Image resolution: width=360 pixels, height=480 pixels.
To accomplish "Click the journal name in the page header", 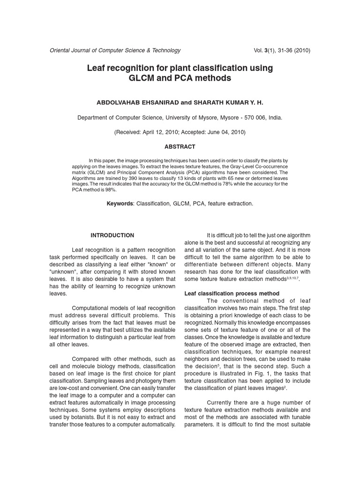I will coord(115,51).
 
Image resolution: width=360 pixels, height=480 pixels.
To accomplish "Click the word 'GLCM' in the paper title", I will coord(143,78).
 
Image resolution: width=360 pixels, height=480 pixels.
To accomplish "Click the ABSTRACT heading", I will coord(180,147).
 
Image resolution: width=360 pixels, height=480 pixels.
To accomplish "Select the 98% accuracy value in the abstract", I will coord(110,190).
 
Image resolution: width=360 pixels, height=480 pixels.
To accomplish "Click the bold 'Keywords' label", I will coord(120,204).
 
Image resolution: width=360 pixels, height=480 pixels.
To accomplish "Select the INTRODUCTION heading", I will coord(112,235).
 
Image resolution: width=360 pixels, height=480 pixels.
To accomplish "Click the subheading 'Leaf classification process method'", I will coord(232,294).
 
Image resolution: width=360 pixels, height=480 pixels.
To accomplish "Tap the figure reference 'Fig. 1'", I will coord(256,374).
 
